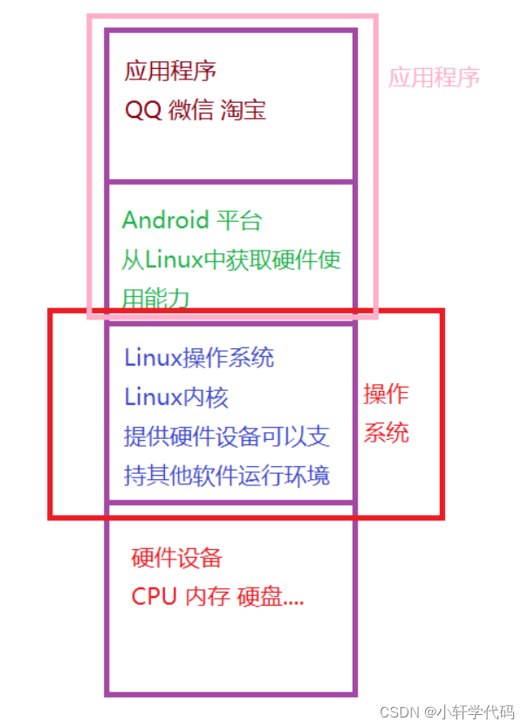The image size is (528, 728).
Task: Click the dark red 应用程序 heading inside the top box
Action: (x=170, y=70)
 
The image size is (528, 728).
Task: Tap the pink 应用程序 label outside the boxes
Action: (x=434, y=77)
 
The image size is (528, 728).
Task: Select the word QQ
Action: (x=143, y=110)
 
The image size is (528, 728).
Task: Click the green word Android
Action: (x=166, y=220)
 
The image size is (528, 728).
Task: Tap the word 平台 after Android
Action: (x=238, y=220)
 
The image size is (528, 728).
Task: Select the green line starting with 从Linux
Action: (x=231, y=260)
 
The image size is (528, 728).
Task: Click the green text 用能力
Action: (x=156, y=299)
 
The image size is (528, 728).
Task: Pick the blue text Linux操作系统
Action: (x=199, y=357)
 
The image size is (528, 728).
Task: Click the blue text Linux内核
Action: (x=176, y=397)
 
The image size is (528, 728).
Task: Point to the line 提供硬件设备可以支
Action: (x=227, y=436)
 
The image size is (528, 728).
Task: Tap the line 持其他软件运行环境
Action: (x=227, y=477)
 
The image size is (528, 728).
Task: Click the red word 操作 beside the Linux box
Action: (x=386, y=395)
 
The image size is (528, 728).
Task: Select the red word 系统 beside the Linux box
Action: (x=386, y=433)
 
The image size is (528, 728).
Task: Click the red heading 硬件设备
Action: (x=177, y=557)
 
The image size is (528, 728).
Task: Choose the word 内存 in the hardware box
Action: (x=208, y=597)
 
